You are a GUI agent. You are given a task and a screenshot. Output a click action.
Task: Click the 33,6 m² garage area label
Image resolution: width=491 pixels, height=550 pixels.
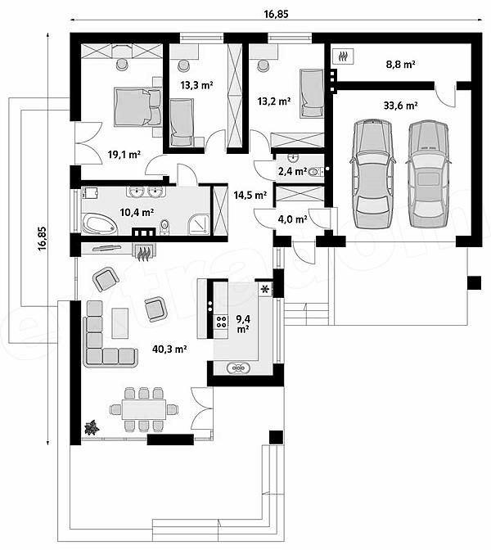click(x=400, y=106)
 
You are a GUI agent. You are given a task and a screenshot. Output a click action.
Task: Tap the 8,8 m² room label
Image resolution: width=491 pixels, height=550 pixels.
click(x=400, y=64)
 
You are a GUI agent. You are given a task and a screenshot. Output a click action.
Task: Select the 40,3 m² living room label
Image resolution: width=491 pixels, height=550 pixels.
click(x=169, y=349)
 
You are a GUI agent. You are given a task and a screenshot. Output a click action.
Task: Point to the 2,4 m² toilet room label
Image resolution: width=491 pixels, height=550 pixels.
click(x=292, y=172)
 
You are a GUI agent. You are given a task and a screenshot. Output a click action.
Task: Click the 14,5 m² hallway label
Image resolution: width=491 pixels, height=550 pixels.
click(x=250, y=195)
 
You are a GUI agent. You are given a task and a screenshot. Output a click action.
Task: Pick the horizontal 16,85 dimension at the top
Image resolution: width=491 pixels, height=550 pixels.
click(x=276, y=14)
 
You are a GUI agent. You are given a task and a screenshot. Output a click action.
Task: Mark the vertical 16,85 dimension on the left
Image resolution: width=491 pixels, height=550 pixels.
click(x=42, y=238)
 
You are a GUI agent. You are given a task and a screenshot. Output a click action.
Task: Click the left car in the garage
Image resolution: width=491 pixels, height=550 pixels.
click(x=372, y=174)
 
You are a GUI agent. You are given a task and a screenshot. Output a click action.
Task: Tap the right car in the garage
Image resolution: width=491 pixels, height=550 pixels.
click(x=428, y=174)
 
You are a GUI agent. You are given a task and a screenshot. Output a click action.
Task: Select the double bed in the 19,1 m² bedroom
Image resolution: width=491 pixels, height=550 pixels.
click(x=137, y=107)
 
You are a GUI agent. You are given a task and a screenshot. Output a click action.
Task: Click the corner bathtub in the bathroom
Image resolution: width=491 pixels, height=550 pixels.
click(x=100, y=224)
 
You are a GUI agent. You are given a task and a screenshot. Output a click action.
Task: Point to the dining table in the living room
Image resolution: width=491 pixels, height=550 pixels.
click(x=144, y=409)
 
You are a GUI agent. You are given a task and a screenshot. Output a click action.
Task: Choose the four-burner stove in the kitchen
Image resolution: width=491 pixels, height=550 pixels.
click(x=221, y=322)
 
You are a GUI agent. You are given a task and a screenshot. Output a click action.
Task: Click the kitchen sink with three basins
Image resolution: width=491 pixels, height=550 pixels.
click(x=238, y=368)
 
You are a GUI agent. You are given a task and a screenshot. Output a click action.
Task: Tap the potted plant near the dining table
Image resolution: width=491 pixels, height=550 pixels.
click(x=92, y=427)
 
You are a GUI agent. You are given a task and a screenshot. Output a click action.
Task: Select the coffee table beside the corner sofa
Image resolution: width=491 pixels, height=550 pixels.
click(x=120, y=322)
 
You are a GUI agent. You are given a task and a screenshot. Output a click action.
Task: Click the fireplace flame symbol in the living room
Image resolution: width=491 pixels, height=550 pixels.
click(x=143, y=254)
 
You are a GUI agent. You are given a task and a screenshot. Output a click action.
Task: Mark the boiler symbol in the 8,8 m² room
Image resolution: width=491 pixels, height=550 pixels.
click(x=343, y=56)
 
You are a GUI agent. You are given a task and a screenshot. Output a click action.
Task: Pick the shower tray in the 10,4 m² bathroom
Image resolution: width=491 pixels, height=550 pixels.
click(x=199, y=224)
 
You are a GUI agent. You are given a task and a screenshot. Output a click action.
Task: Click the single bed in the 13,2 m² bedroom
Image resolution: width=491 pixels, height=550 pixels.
click(x=312, y=93)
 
